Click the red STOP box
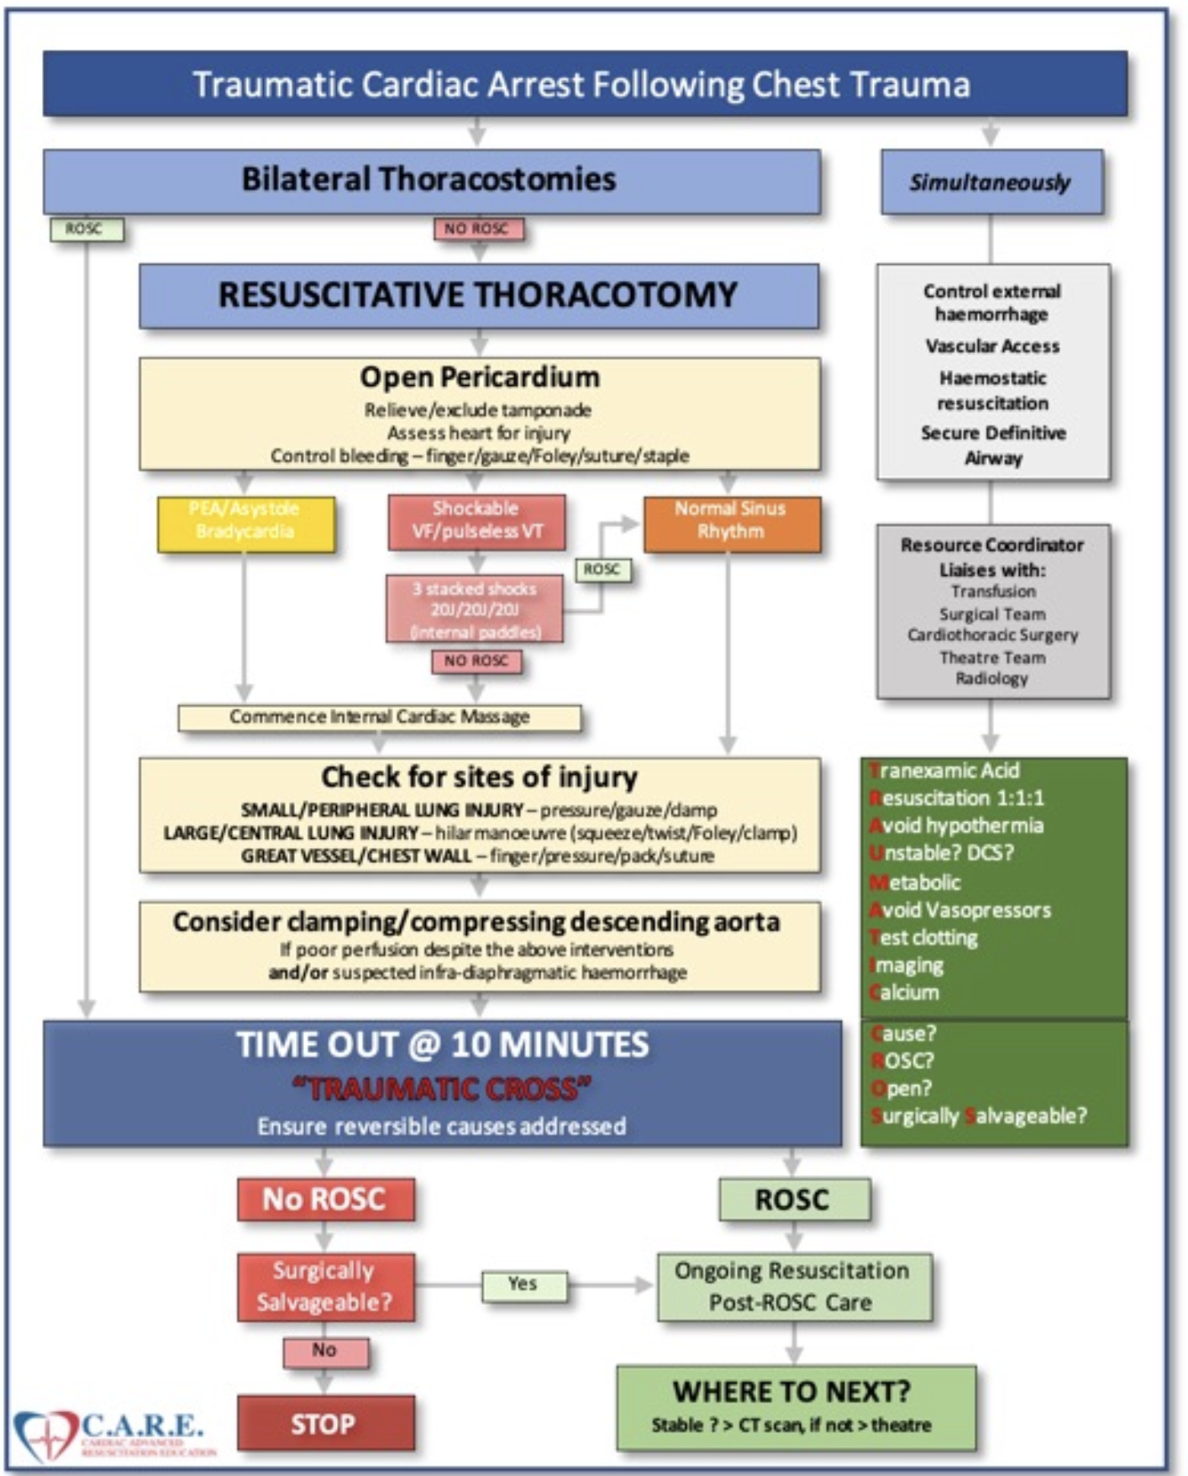[325, 1423]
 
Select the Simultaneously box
[991, 182]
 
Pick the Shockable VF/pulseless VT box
[476, 521]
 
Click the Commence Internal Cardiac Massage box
[379, 717]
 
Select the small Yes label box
[523, 1284]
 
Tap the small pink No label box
[325, 1351]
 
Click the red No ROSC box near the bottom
[325, 1199]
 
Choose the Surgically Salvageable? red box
[325, 1287]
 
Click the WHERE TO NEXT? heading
[791, 1392]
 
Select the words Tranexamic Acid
[946, 770]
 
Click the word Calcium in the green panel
[906, 993]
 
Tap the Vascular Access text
[992, 346]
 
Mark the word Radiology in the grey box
[992, 678]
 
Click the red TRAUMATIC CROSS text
[442, 1089]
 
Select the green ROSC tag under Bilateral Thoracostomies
[85, 229]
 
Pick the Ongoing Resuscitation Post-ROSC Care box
[792, 1287]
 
